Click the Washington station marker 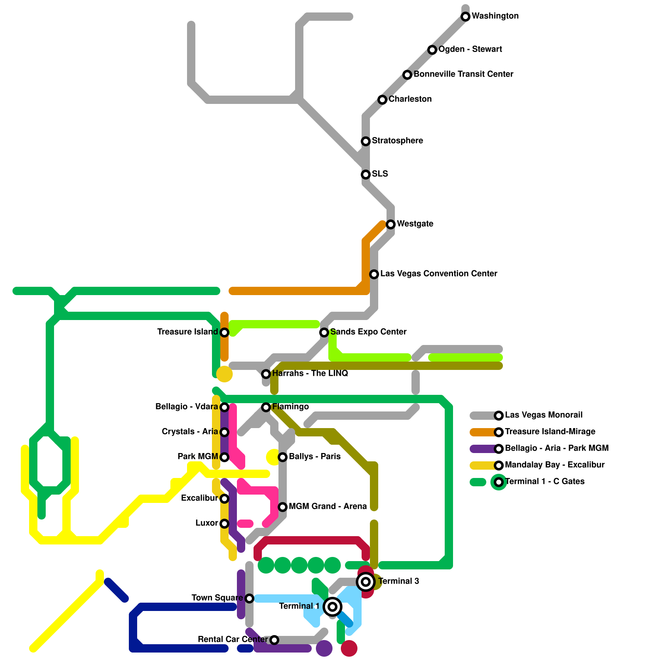click(x=465, y=17)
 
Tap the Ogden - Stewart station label click(x=470, y=49)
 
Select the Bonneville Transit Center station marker click(x=407, y=75)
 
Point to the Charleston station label click(x=410, y=99)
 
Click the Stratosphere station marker click(x=366, y=141)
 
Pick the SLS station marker click(x=366, y=175)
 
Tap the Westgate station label click(x=415, y=224)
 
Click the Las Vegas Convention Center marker click(x=374, y=274)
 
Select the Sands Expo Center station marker click(x=324, y=332)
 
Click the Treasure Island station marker click(x=224, y=332)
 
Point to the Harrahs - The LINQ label click(x=310, y=374)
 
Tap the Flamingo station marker click(x=266, y=407)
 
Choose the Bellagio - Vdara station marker click(x=224, y=407)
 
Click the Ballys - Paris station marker click(x=283, y=457)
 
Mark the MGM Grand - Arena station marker click(x=283, y=507)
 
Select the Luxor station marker click(x=224, y=524)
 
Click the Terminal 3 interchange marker click(x=366, y=582)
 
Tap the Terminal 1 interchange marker click(x=332, y=607)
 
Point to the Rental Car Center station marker click(x=274, y=640)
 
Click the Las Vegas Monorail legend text click(x=544, y=415)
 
